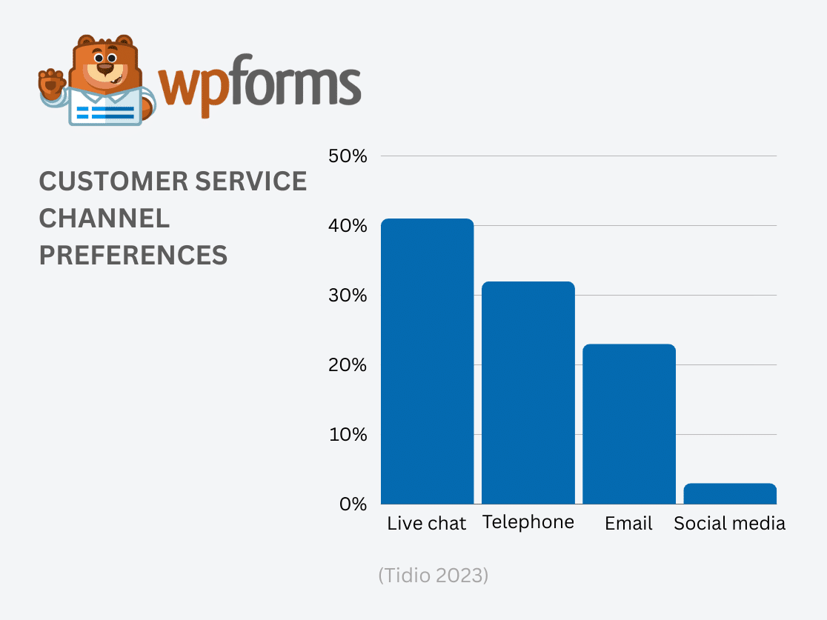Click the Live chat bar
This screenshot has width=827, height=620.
427,361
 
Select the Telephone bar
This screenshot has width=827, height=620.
528,393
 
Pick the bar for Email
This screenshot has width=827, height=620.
629,424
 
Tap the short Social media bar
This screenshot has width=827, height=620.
730,493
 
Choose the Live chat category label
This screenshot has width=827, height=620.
427,524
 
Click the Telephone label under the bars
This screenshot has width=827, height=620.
528,522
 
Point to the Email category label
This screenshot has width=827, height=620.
629,524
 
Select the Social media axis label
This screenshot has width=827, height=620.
730,524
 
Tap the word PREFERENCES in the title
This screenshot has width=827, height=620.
133,256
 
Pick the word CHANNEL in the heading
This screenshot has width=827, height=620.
104,219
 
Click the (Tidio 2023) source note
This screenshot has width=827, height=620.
433,576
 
